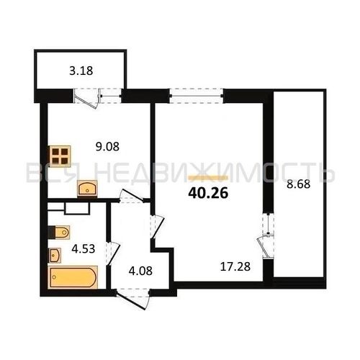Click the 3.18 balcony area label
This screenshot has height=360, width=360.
(x=81, y=71)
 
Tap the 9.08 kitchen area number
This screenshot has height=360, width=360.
(x=107, y=146)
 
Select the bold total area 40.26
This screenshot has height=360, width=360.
(x=208, y=193)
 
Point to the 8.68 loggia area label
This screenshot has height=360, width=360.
(x=299, y=184)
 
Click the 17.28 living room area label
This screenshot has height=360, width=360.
(x=235, y=266)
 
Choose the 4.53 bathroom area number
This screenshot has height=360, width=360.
(x=84, y=248)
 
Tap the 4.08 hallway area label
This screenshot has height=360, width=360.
(x=140, y=271)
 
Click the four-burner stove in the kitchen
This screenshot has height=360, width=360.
(x=60, y=156)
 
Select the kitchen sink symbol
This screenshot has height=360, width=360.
(x=87, y=189)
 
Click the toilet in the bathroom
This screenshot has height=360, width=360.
(x=59, y=232)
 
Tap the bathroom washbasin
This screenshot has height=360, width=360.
(x=55, y=255)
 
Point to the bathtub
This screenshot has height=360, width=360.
(x=73, y=277)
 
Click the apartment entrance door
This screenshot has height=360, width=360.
(x=132, y=298)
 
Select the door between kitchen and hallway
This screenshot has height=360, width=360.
(x=131, y=197)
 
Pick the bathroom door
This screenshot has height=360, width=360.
(x=112, y=253)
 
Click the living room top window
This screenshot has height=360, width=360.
(x=197, y=96)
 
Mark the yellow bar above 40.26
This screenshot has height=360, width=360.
(x=208, y=178)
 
